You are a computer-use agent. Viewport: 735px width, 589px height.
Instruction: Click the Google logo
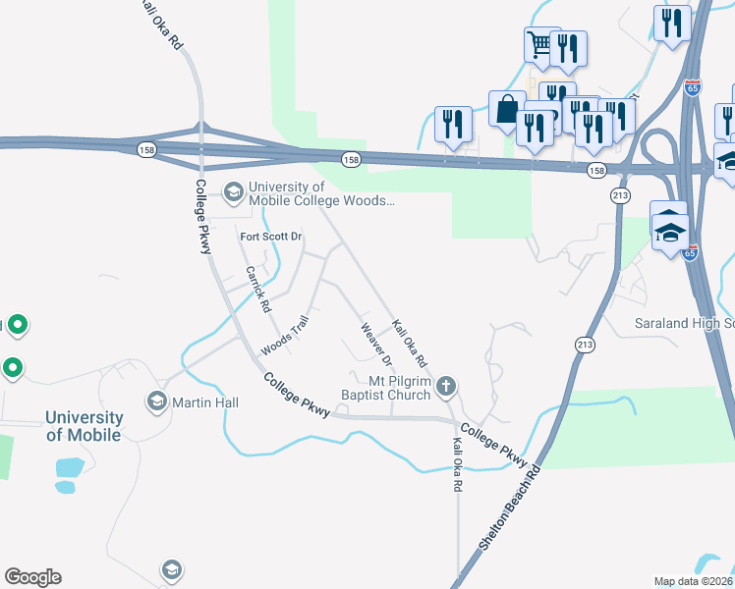[32, 577]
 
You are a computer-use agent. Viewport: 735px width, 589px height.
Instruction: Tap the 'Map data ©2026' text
[694, 581]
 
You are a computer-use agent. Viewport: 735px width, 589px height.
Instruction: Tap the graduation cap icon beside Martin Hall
[156, 402]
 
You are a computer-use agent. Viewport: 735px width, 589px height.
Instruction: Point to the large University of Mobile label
[84, 426]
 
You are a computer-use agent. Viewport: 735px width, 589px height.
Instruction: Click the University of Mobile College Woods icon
[234, 191]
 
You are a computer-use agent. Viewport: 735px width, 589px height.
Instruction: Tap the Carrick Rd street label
[258, 289]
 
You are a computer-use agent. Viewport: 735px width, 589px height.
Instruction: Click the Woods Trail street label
[285, 336]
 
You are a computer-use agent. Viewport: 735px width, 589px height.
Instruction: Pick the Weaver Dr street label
[376, 345]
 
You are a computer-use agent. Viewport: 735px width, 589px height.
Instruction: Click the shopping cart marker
[539, 44]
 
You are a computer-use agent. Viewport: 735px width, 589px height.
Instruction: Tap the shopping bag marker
[508, 108]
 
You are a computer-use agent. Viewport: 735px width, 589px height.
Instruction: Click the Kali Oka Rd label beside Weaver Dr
[409, 343]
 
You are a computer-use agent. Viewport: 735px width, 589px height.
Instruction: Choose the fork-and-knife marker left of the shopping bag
[452, 123]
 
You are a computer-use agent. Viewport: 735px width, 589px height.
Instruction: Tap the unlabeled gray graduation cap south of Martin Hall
[171, 570]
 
